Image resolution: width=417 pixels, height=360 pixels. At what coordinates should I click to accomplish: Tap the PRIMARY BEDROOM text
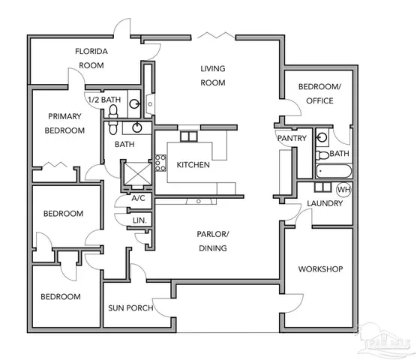(64, 123)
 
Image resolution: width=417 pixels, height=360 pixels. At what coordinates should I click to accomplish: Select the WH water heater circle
(343, 190)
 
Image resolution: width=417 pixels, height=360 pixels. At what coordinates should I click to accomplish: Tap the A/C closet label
(138, 199)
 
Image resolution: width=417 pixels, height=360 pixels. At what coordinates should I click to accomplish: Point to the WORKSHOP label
(320, 268)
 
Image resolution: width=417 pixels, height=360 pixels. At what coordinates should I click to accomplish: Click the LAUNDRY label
(324, 204)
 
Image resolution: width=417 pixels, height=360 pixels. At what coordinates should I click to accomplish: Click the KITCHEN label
(193, 165)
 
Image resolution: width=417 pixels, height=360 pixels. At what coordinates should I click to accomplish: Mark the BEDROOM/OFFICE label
(320, 94)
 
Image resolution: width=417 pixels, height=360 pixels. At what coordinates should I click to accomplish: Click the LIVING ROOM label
(213, 76)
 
